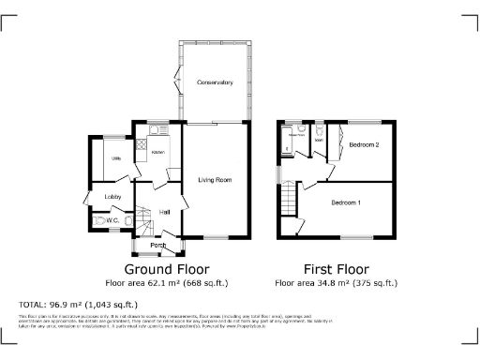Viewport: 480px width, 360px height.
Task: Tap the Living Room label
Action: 215,179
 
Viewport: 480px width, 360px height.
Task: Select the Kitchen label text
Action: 158,152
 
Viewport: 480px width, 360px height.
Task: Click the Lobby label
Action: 113,196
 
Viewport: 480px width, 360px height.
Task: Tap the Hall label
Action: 164,212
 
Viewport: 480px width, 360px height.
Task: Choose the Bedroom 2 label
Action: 364,145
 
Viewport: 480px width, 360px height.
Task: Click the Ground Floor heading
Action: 167,267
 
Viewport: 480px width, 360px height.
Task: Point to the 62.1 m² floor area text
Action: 167,282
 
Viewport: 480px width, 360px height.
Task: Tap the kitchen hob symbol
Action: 142,144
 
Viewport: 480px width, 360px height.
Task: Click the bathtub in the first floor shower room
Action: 286,141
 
